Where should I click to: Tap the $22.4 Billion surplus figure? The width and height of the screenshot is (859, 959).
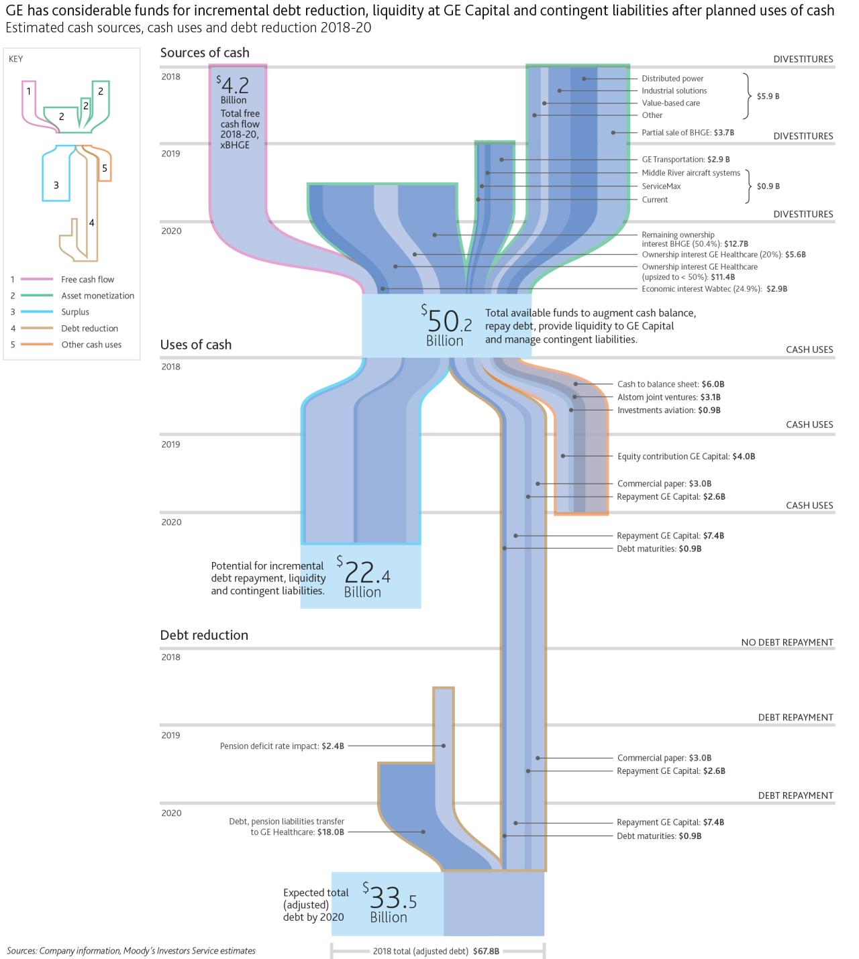(363, 577)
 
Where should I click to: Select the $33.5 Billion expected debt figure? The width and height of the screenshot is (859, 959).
(389, 903)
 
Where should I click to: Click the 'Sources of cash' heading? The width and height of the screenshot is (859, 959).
(205, 53)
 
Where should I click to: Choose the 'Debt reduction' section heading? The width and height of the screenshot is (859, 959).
(204, 635)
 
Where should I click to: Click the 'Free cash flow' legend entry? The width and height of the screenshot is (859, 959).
(87, 280)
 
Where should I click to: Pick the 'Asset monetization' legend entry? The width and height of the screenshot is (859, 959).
(97, 296)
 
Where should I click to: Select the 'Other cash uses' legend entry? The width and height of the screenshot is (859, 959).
(91, 345)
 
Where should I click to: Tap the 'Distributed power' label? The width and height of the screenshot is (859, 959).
(672, 78)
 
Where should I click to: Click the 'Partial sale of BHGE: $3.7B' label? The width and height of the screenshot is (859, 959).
(688, 133)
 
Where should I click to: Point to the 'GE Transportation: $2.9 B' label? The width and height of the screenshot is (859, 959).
(685, 160)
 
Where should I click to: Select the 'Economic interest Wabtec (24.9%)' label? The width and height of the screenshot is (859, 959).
(714, 289)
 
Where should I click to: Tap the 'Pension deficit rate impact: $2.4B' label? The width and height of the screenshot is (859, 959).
(282, 746)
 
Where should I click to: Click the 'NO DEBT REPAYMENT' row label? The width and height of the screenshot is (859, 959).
(787, 642)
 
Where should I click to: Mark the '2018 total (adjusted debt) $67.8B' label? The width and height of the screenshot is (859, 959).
(436, 951)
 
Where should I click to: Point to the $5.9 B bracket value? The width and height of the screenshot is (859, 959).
(768, 97)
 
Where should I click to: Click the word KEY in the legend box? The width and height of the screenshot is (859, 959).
(16, 59)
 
